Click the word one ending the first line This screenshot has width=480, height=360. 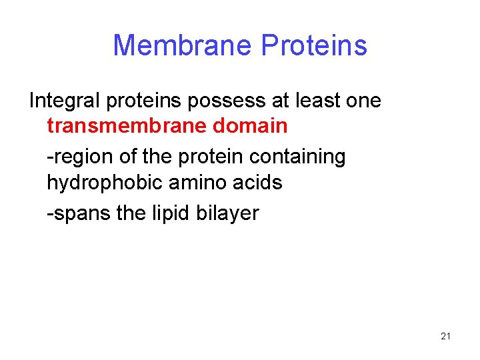click(364, 101)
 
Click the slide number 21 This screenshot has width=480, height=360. click(446, 336)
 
